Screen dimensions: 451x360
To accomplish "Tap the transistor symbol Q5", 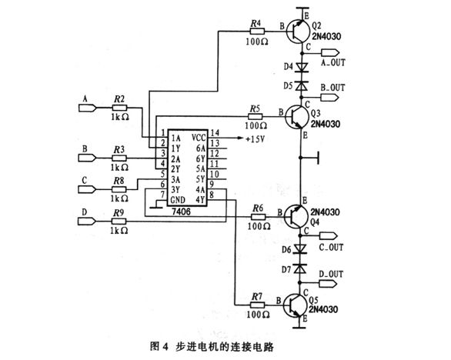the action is (x=295, y=306).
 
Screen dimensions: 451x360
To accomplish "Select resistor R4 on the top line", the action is (x=257, y=31).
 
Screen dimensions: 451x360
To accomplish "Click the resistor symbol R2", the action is (x=119, y=108).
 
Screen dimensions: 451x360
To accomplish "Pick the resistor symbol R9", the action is (x=119, y=221).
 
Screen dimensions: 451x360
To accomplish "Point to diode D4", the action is (x=302, y=67).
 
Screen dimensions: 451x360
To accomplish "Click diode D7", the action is (x=300, y=269).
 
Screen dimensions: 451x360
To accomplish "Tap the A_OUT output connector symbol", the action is (x=330, y=53).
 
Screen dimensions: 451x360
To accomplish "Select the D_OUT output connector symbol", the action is (x=328, y=284).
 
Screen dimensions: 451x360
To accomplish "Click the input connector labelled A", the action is (x=88, y=108).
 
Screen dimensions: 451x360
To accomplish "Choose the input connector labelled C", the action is (x=87, y=189).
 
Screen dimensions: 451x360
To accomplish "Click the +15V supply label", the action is (x=255, y=139).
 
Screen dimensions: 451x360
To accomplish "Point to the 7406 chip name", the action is (x=181, y=212).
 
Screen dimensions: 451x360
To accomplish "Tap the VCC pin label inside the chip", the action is (x=199, y=138).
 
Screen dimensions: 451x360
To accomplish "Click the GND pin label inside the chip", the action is (x=178, y=199).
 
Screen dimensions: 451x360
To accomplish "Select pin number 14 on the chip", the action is (x=215, y=133).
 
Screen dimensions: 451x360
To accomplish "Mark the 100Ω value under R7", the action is (x=258, y=315).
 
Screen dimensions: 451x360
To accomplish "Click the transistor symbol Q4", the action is (x=296, y=216).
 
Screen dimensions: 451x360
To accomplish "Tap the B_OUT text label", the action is (x=332, y=88).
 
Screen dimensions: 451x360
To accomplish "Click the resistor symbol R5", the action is (x=255, y=116).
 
